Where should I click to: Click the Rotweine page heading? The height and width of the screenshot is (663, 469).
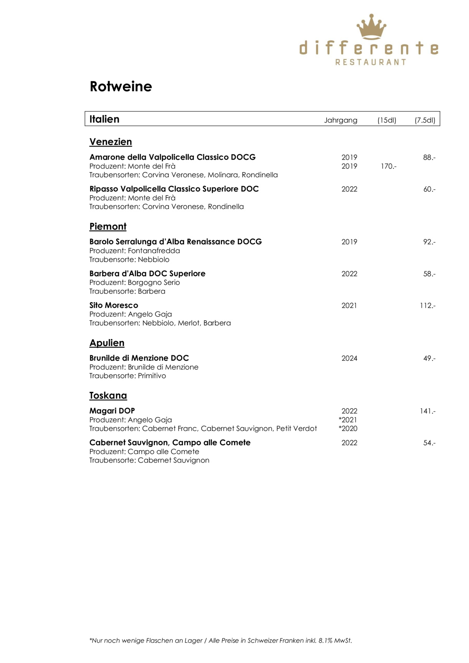[121, 86]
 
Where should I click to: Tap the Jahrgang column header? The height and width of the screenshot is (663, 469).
[340, 120]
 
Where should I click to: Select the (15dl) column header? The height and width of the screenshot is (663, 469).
[386, 120]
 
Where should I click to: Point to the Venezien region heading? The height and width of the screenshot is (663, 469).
[111, 142]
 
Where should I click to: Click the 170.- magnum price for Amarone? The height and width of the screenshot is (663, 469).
[388, 166]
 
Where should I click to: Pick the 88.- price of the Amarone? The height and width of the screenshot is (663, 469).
[429, 157]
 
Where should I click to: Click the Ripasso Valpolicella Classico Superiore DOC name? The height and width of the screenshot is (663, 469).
[174, 189]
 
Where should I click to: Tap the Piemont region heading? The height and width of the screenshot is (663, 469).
[108, 226]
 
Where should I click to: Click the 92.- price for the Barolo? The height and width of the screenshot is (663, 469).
[429, 242]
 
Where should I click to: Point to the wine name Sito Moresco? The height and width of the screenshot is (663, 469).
[114, 305]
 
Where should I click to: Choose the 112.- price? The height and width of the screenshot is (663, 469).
[428, 305]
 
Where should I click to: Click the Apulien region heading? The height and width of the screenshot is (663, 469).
[107, 343]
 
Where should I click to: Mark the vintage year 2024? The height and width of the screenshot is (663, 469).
[349, 358]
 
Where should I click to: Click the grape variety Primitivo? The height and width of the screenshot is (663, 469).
[152, 376]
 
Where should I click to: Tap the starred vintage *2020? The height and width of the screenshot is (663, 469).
[348, 429]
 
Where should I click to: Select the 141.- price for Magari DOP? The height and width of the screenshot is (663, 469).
[428, 411]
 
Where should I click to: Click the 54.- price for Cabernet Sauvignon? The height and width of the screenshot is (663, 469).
[429, 443]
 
